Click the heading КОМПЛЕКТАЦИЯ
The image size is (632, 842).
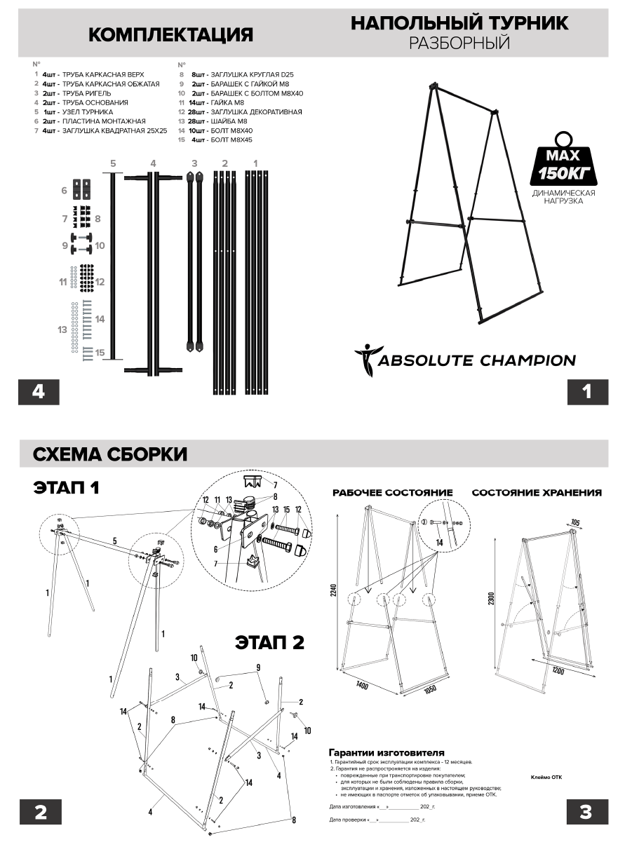tap(170, 35)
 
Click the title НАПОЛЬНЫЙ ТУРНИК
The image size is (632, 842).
tap(459, 23)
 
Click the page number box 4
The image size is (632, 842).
tap(39, 392)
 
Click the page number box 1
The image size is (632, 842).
tap(586, 392)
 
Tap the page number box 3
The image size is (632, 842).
tap(586, 812)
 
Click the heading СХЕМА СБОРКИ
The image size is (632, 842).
tap(110, 454)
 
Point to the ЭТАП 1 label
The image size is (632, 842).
tap(66, 488)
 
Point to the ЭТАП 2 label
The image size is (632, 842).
tap(269, 642)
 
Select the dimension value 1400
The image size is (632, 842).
tap(363, 684)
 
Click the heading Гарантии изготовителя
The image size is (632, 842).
tap(386, 752)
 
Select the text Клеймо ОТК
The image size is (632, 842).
tap(546, 777)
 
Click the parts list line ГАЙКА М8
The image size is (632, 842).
tap(213, 102)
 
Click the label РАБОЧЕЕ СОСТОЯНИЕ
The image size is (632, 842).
tap(393, 493)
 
